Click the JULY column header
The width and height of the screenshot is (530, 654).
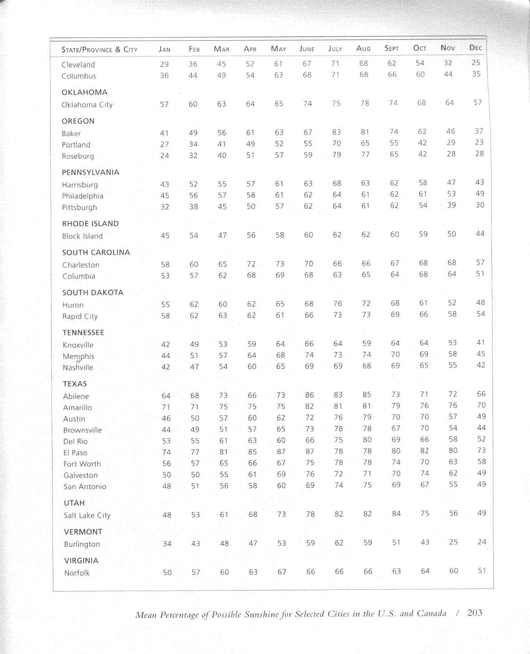pos(335,48)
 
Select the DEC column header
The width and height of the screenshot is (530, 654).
pos(476,47)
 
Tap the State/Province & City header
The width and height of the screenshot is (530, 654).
pos(99,49)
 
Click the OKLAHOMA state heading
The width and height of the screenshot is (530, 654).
pos(85,92)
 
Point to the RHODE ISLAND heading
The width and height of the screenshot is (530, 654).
pos(90,223)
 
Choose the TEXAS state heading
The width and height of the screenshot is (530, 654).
pos(75,384)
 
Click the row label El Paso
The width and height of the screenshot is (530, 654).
pos(75,452)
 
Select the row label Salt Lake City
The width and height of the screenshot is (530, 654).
pos(87,515)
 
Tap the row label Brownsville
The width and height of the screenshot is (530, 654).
pos(82,430)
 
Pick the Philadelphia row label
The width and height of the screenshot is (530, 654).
pos(82,196)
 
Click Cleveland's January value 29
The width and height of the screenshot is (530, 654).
pos(164,64)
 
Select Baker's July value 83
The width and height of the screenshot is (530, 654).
pos(336,132)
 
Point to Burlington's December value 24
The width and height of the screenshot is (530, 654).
pos(482,542)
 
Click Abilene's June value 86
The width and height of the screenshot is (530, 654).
pos(309,395)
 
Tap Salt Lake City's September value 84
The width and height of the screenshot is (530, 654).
pos(396,513)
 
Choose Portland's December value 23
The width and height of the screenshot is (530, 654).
pos(479,142)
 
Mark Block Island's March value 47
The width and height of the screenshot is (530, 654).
pos(222,235)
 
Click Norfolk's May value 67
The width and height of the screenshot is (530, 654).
pos(282,572)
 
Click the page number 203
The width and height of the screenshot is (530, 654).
pos(475,613)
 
